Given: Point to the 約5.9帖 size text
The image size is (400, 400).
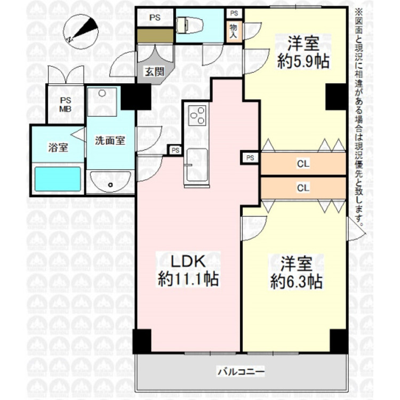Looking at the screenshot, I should [x=302, y=61].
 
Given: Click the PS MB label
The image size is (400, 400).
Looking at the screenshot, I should [x=66, y=105].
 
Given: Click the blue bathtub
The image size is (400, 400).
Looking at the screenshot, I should [x=58, y=180].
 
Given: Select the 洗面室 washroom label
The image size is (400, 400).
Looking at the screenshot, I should [x=110, y=141].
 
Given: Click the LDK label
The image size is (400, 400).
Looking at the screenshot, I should [x=188, y=261].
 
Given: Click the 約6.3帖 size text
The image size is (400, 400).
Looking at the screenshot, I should [x=296, y=281].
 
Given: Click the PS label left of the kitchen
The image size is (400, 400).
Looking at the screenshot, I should [x=175, y=150].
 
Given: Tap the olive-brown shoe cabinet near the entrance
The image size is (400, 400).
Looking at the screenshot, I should [x=154, y=36].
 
